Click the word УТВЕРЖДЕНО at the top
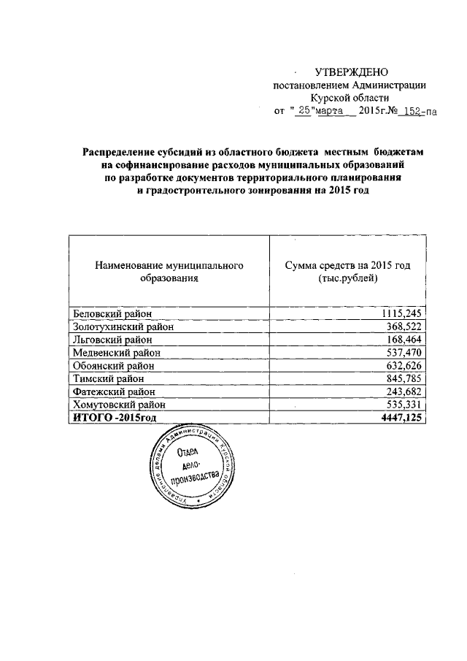pos(352,72)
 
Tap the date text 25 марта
pos(323,111)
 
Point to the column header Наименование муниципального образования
pos(169,272)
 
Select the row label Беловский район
pos(113,313)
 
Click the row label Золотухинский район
pos(123,326)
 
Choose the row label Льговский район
pos(112,340)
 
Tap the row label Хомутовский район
pos(120,404)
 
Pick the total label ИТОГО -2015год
pos(113,417)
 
